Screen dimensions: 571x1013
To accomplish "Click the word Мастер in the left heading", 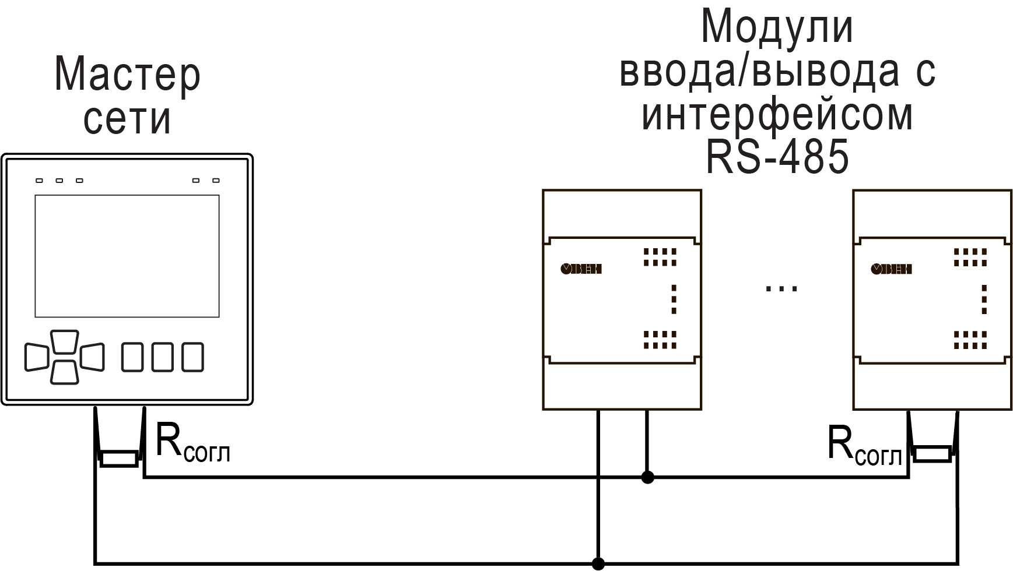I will click(x=127, y=75).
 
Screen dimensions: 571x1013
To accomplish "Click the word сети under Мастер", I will click(x=127, y=119).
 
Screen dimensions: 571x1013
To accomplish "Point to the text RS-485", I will click(x=777, y=158).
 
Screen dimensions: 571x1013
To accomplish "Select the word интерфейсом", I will click(x=777, y=115).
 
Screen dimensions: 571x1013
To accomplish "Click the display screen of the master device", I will click(x=127, y=256).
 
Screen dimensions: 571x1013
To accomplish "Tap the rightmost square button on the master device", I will click(x=192, y=357).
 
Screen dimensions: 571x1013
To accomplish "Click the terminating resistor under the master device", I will click(x=119, y=459).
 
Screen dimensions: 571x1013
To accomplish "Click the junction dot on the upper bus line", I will click(x=647, y=478).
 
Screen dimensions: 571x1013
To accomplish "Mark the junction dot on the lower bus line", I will click(x=598, y=563).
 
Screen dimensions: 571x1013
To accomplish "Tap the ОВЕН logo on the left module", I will click(x=581, y=269).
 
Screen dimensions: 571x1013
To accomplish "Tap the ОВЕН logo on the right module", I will click(x=891, y=269).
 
